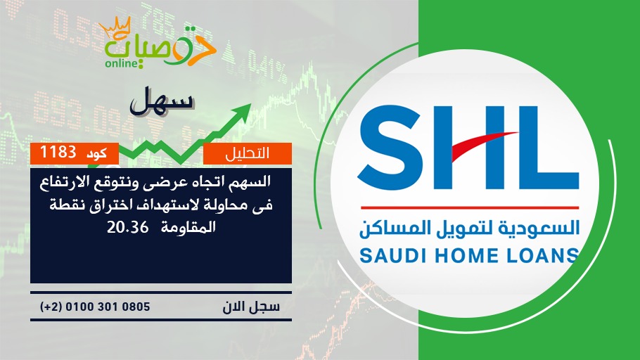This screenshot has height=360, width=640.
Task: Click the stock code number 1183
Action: click(58, 153)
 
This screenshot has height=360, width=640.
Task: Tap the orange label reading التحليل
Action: click(248, 153)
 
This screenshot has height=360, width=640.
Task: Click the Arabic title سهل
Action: click(161, 100)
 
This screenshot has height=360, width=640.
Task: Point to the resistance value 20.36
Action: click(128, 227)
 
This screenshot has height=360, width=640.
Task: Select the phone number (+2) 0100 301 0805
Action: click(95, 307)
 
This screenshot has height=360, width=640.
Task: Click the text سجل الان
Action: click(251, 307)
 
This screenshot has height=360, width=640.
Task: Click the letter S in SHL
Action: click(390, 148)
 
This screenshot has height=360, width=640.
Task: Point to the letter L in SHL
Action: click(547, 148)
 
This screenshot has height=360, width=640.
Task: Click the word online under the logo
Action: click(121, 63)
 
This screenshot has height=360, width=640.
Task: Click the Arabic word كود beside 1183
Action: click(97, 153)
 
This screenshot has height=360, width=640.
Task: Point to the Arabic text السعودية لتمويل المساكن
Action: click(469, 228)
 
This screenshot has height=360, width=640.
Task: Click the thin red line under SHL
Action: click(469, 207)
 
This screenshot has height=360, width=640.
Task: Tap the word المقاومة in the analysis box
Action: click(188, 227)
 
